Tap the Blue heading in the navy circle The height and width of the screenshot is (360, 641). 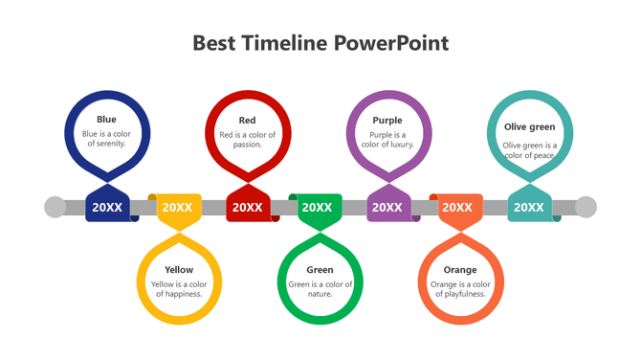[x=106, y=120]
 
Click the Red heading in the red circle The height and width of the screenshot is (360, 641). [x=248, y=121]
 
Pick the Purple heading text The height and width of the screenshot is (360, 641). [x=387, y=121]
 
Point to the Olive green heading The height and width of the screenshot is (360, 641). [x=529, y=126]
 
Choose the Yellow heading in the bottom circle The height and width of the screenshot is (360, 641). [x=179, y=270]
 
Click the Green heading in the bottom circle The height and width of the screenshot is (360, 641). [x=320, y=270]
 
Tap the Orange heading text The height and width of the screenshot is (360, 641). [x=460, y=270]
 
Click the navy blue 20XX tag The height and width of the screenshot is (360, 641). [x=107, y=207]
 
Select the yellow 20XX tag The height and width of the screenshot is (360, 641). [x=177, y=207]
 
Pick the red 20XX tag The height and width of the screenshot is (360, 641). [x=248, y=207]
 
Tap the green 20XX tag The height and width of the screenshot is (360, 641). [x=318, y=207]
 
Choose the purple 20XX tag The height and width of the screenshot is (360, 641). [x=387, y=207]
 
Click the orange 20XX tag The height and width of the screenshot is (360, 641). [x=457, y=207]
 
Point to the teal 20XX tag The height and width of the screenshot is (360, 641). [x=528, y=207]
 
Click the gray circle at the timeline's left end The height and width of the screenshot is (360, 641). [x=55, y=207]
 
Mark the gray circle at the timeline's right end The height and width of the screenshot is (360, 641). [x=586, y=207]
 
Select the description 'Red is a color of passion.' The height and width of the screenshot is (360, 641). [x=248, y=140]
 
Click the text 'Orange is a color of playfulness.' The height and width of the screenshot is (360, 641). [x=460, y=289]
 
